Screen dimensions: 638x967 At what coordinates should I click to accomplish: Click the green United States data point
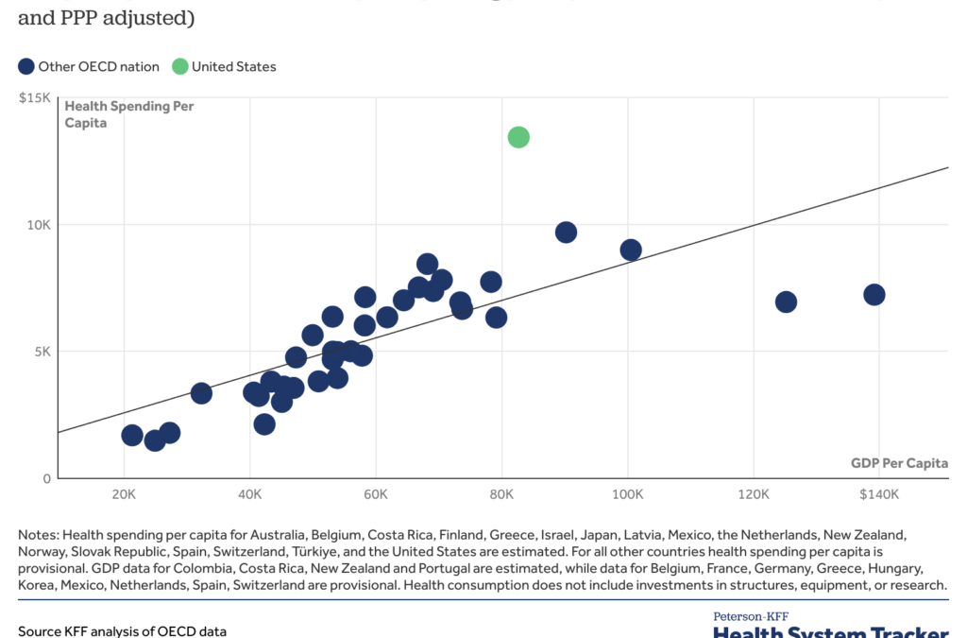518,137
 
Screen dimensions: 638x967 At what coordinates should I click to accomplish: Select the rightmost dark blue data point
874,295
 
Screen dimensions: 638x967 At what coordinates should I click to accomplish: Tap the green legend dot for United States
179,66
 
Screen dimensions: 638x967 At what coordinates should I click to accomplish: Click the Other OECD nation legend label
98,66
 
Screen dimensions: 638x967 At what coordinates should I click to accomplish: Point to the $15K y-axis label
36,97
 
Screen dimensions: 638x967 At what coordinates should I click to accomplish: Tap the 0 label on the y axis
44,478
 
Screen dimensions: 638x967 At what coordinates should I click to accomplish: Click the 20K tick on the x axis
124,495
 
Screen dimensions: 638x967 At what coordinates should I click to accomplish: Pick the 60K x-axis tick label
376,495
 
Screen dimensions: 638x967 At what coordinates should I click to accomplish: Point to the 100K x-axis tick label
628,495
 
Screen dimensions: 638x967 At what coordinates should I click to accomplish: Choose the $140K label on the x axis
879,495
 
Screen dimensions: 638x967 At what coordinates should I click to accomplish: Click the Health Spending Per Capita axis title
128,114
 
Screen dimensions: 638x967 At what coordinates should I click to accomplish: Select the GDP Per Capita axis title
900,463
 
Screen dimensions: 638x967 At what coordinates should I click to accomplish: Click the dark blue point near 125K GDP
786,302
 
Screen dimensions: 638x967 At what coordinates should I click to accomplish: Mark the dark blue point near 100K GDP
631,250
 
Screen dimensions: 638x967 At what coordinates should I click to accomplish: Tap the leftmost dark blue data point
132,435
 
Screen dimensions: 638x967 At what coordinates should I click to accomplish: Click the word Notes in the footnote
39,535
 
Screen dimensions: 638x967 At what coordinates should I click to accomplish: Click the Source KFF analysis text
122,630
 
